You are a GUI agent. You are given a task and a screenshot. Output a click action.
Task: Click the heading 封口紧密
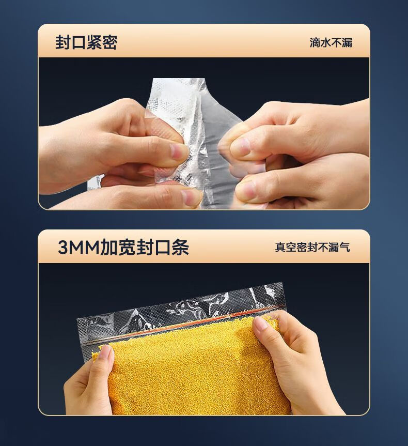point(86,43)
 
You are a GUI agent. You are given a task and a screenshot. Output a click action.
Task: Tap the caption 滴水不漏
point(331,43)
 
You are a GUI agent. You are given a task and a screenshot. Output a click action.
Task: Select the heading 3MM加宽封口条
point(123,248)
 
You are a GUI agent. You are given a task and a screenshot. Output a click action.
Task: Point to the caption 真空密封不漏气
point(312,247)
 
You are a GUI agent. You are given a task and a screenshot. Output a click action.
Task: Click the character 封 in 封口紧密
point(63,43)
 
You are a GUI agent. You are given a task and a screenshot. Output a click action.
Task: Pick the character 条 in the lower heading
point(181,248)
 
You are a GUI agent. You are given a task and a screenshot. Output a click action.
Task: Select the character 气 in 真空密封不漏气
point(344,247)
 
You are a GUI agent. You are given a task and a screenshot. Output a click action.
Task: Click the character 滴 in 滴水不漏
point(315,43)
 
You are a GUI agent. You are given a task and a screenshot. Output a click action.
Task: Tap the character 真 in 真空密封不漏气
point(280,247)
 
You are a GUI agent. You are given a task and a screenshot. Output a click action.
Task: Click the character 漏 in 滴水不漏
point(347,43)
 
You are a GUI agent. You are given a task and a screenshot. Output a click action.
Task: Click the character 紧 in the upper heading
point(94,43)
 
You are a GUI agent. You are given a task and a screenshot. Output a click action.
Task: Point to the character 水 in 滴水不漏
point(326,43)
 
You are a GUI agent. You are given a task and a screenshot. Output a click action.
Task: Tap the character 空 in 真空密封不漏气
point(291,247)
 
